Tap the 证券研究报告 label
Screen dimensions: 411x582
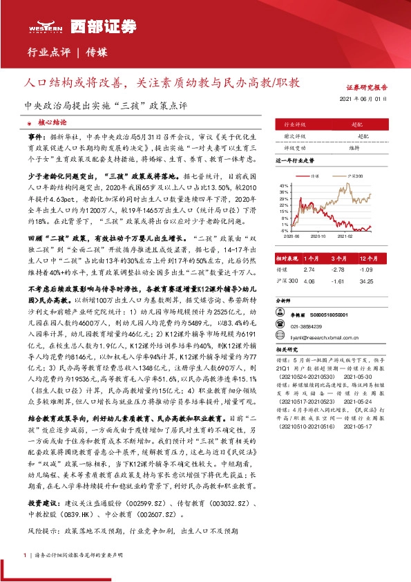(367, 88)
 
